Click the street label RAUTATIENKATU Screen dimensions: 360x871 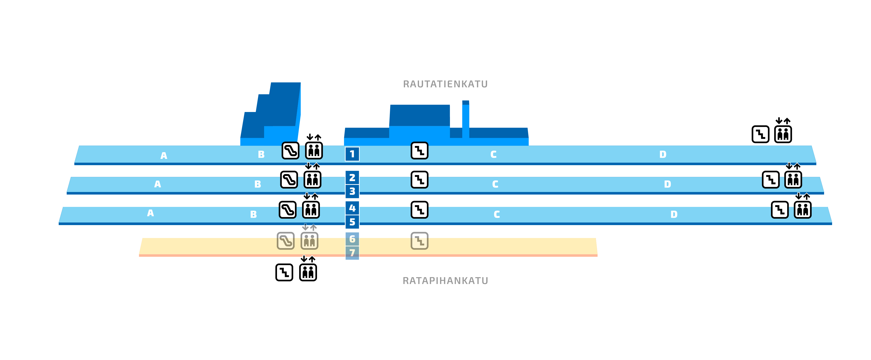(445, 84)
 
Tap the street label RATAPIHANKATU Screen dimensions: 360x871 (445, 281)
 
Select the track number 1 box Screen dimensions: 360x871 (352, 154)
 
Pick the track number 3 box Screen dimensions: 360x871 (352, 191)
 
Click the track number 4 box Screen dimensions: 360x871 (352, 208)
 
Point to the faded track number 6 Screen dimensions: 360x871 (352, 239)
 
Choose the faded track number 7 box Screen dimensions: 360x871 (352, 252)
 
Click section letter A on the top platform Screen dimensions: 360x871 (164, 156)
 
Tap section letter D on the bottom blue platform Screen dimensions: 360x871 (674, 214)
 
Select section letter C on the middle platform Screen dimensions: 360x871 (495, 184)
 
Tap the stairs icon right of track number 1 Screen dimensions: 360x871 (419, 151)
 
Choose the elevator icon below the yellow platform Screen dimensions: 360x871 (308, 272)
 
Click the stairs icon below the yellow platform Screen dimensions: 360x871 (284, 272)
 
